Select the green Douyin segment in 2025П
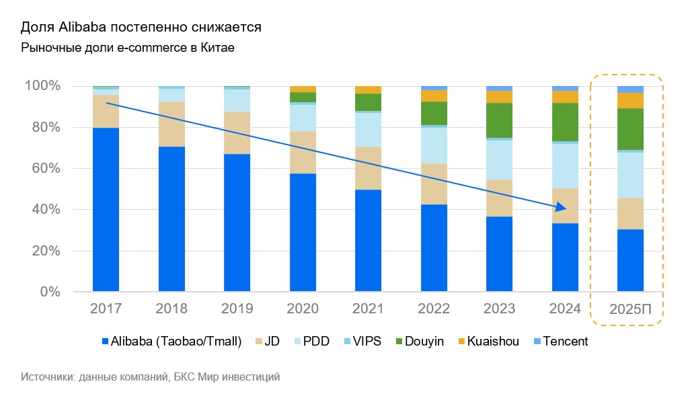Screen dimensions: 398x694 630,128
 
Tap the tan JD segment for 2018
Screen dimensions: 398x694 171,124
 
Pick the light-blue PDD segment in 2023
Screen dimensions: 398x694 499,159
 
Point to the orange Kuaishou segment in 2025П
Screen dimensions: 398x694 630,100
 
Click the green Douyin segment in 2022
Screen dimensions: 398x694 434,113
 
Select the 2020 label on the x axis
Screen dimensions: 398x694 303,309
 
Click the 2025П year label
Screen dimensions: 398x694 630,310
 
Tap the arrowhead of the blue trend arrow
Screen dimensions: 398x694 564,208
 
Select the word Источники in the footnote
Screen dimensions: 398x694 47,377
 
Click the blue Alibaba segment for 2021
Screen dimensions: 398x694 368,241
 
